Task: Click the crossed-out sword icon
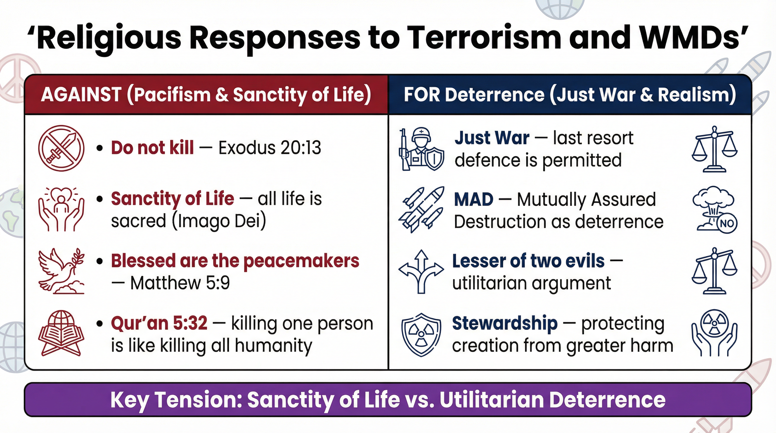pos(61,149)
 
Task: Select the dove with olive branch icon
pos(61,271)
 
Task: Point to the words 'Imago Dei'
pos(219,221)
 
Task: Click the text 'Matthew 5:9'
pos(180,283)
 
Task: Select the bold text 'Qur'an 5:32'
pos(159,323)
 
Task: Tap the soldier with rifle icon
pos(421,149)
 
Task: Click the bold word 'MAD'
pos(473,200)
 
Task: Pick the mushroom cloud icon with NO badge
pos(715,210)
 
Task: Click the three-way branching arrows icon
pos(421,271)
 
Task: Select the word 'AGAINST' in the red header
pos(81,94)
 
